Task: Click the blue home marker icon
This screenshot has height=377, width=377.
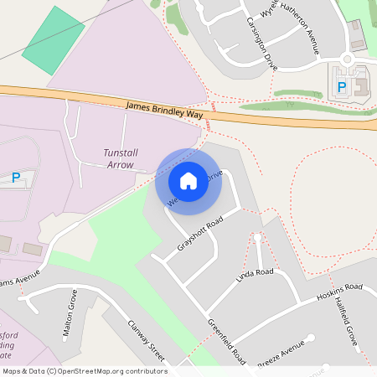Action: [188, 180]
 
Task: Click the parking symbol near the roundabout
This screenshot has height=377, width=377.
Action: [341, 86]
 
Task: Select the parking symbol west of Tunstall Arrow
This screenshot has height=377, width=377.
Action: [15, 177]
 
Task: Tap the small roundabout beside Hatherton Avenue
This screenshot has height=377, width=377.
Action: [347, 59]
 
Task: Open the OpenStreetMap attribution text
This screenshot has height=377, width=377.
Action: [85, 371]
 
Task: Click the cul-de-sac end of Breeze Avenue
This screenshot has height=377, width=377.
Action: [310, 339]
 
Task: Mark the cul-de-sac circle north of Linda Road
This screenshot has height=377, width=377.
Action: [257, 238]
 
